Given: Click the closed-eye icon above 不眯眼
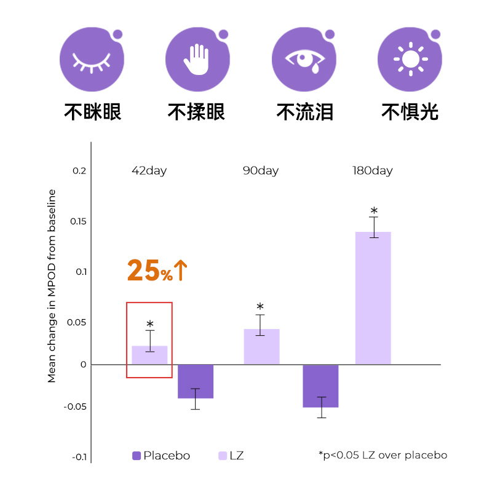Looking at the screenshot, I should (x=91, y=61).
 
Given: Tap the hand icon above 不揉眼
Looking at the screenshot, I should (x=197, y=61).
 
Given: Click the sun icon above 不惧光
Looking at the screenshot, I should (x=410, y=60).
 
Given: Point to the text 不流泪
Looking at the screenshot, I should (x=304, y=112).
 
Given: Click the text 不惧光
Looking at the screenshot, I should (x=410, y=112).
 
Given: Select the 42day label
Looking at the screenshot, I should (x=149, y=171).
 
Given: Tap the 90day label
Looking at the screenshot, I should (x=261, y=171).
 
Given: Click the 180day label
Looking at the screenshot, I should (x=372, y=171).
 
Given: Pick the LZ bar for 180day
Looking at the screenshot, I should (x=373, y=298).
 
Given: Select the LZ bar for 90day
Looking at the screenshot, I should (x=261, y=347).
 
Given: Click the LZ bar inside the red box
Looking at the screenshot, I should (x=149, y=355).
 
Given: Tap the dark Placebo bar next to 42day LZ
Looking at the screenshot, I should (x=196, y=381).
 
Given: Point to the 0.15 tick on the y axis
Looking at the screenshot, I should (x=79, y=221).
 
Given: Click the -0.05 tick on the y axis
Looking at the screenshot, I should (x=77, y=407).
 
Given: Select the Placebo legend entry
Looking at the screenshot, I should (x=161, y=456).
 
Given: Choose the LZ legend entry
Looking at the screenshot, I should (x=231, y=456).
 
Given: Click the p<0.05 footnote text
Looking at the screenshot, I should (x=383, y=455).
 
